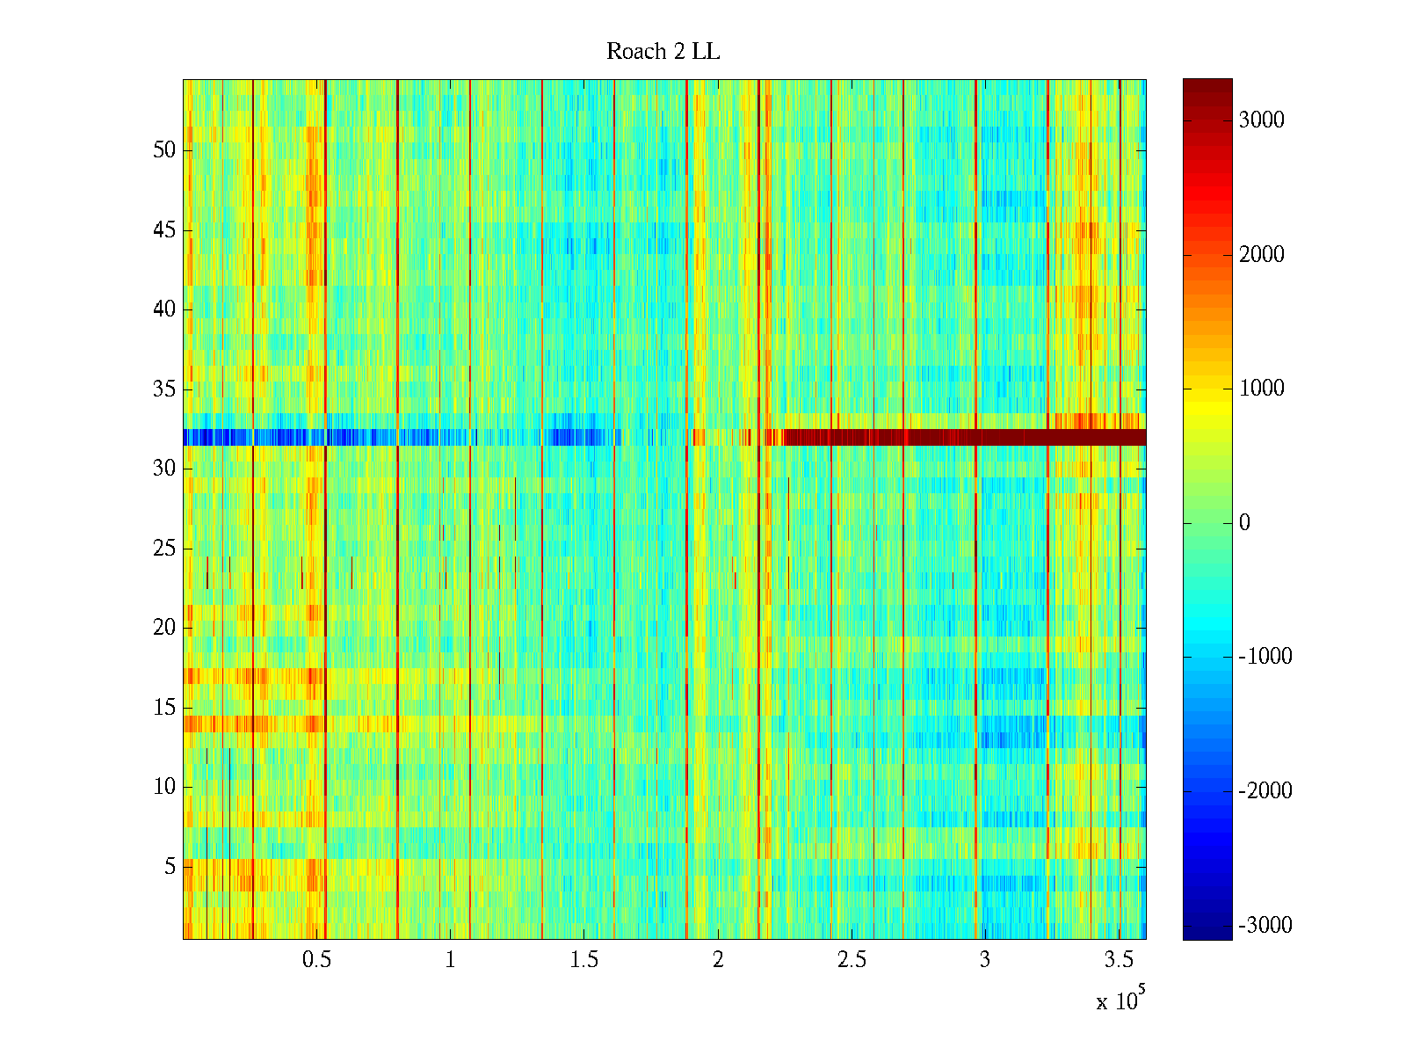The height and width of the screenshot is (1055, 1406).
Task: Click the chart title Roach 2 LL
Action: [663, 52]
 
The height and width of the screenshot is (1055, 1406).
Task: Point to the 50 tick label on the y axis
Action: [164, 149]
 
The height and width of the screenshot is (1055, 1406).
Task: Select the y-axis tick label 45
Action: [164, 230]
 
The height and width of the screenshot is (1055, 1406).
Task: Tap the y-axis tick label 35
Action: [164, 389]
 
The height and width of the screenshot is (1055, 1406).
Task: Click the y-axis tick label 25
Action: [164, 549]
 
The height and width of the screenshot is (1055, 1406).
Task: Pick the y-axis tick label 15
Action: [164, 708]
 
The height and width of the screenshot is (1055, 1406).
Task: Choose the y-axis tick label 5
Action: [170, 867]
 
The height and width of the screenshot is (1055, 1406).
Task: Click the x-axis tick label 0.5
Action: [316, 960]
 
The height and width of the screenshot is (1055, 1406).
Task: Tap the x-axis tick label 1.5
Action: [584, 960]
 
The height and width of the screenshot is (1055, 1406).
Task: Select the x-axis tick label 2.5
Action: [852, 960]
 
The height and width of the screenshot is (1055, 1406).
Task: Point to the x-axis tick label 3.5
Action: [1119, 960]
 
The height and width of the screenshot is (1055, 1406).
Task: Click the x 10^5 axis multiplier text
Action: [1120, 1000]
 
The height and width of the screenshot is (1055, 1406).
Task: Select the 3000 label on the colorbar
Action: [1261, 120]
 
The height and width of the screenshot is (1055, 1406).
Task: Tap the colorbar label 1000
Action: [1261, 389]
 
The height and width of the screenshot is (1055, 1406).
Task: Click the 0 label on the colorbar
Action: [1244, 523]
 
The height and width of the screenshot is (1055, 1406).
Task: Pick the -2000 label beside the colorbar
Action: [1265, 791]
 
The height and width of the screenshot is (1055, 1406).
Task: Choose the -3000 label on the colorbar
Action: [1265, 925]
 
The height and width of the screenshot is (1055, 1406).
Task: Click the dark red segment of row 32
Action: [967, 437]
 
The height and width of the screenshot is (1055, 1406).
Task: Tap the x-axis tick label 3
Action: [985, 960]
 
